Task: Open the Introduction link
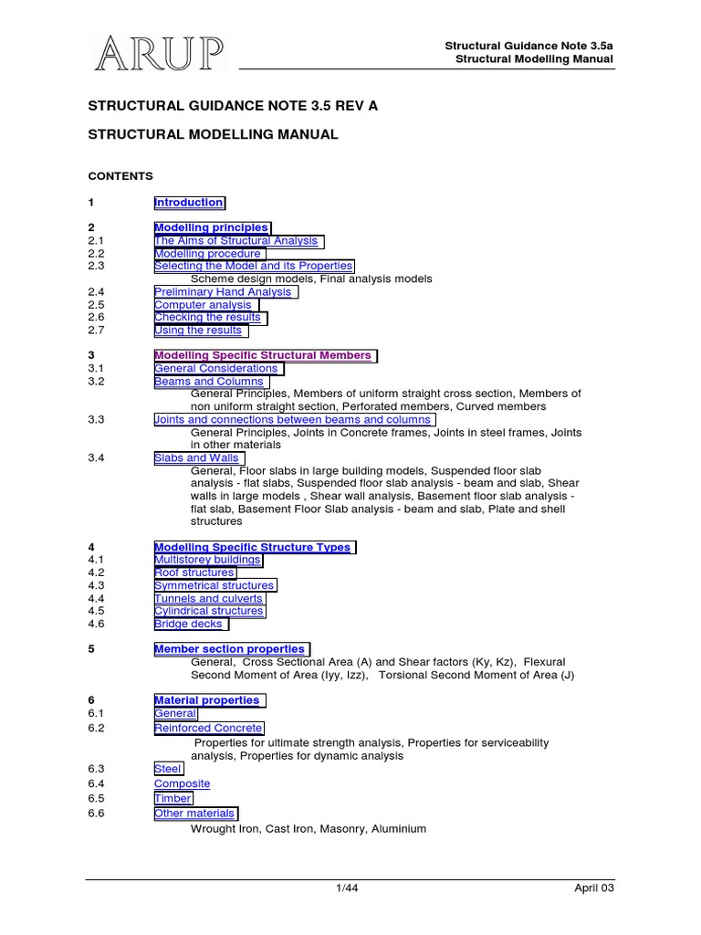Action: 189,203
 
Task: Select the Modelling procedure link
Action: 209,254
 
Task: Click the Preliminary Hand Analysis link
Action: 224,292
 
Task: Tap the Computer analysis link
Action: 204,305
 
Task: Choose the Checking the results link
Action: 208,318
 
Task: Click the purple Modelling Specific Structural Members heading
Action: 264,355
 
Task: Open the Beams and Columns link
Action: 209,382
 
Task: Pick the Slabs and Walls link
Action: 197,458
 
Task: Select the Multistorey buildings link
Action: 207,560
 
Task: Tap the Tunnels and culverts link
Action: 209,599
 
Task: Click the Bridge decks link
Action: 189,625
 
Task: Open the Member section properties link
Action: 230,649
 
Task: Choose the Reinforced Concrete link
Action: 208,729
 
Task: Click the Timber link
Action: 173,798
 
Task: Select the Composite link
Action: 183,783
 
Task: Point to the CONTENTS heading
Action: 120,176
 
